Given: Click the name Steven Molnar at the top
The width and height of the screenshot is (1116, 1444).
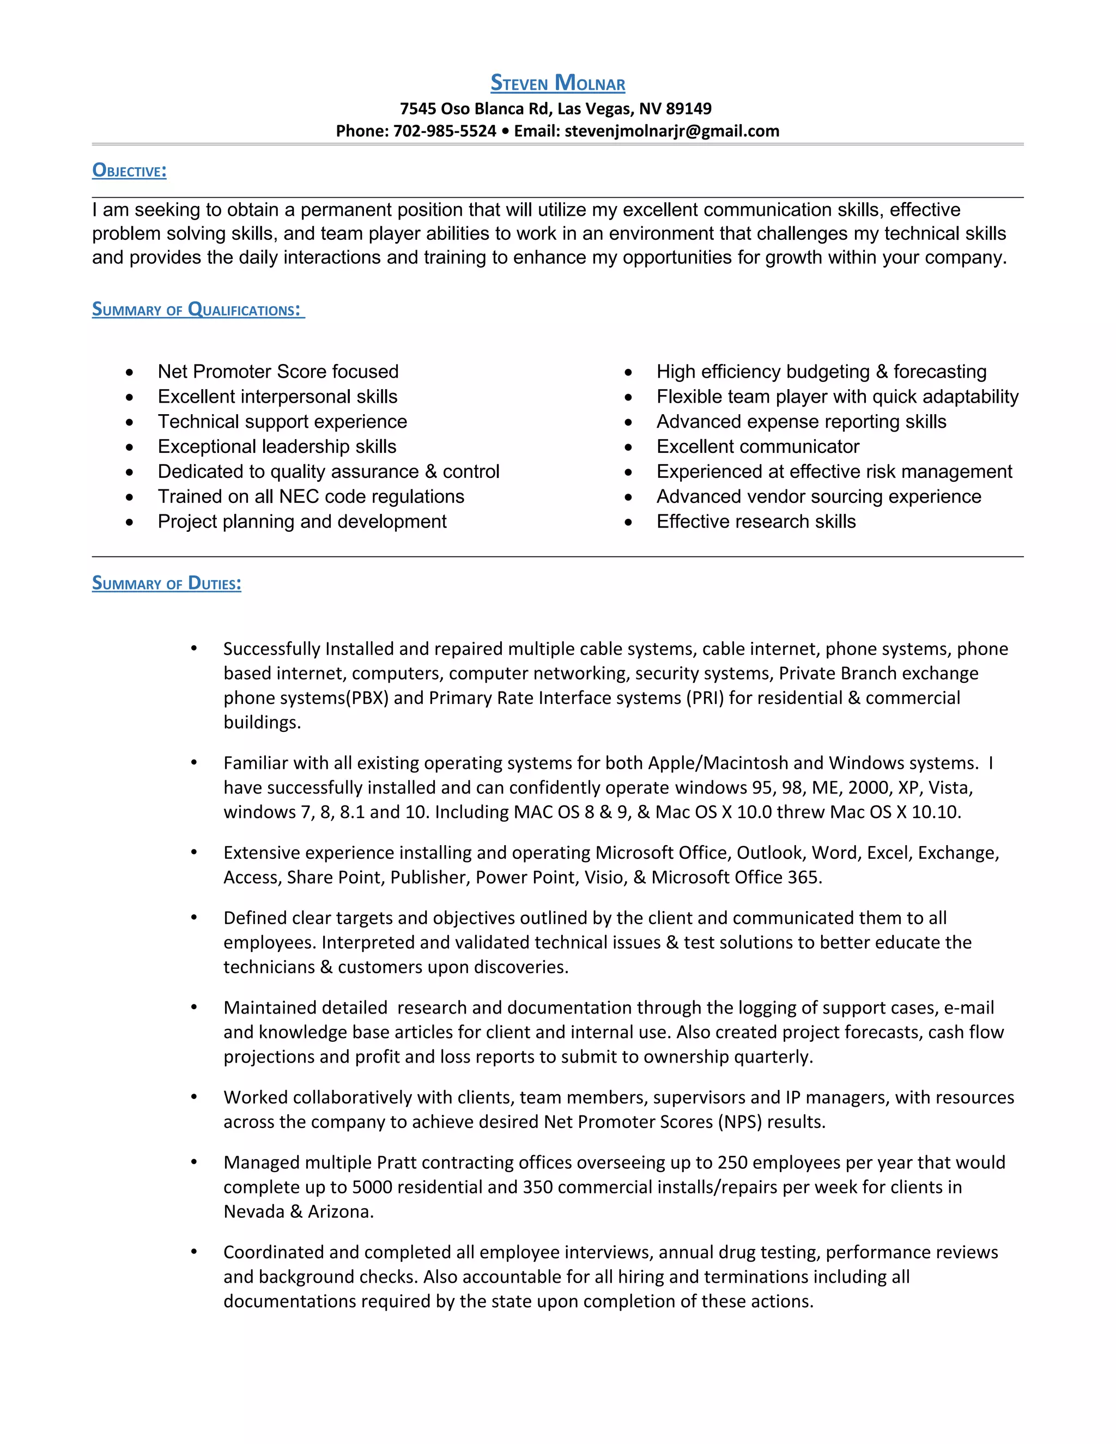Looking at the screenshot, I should (557, 83).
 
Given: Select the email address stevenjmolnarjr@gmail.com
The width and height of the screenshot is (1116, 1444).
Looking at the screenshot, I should (672, 131).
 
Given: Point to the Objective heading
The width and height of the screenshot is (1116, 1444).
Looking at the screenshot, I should (129, 171).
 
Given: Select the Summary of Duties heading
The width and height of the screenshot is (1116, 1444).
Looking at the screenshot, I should (167, 583).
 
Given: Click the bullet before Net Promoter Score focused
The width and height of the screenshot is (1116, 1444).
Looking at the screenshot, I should (130, 373).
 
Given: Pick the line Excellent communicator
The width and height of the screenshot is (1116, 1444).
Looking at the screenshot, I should (757, 446).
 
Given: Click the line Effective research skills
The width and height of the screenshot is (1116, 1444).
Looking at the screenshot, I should (756, 521).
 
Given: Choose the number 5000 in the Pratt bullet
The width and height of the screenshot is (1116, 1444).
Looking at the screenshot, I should (372, 1187).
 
